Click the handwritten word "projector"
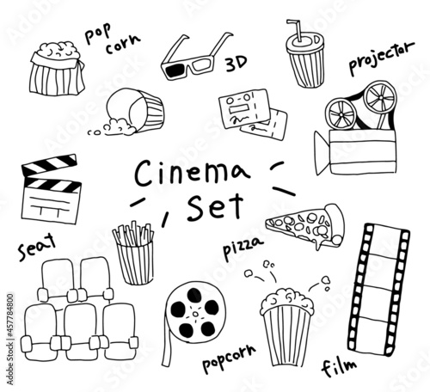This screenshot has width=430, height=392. click(381, 58)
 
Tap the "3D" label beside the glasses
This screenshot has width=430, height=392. click(236, 64)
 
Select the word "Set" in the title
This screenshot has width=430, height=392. click(215, 207)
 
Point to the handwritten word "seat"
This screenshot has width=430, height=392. click(37, 247)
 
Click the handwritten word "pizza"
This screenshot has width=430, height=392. click(243, 248)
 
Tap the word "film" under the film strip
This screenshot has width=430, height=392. click(339, 367)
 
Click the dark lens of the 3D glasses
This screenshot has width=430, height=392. click(175, 70)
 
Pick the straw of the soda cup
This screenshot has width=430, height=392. click(295, 30)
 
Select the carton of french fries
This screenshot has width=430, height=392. click(135, 254)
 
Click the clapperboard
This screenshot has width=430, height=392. click(50, 189)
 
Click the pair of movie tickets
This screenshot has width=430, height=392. click(253, 113)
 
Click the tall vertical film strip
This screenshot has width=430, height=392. click(379, 290)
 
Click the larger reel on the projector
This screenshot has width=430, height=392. click(380, 98)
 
